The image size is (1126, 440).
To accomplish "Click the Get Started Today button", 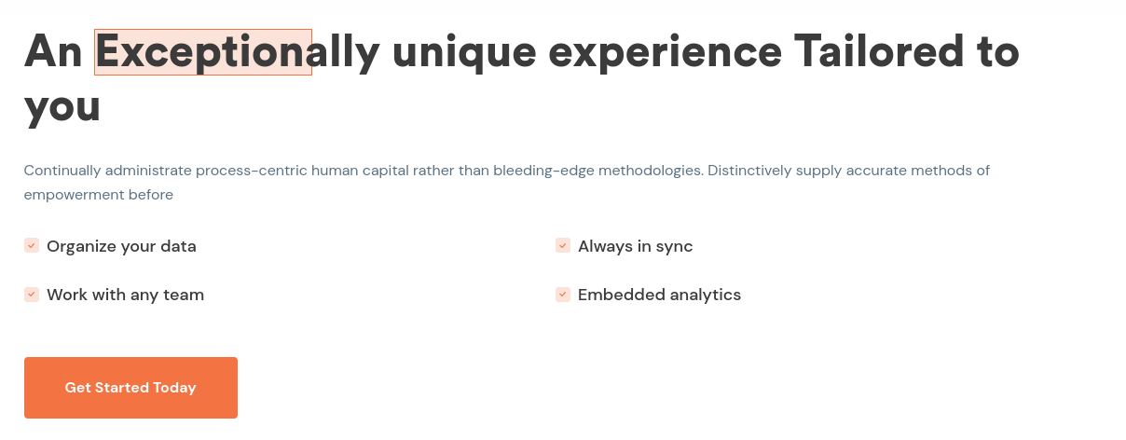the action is (x=130, y=388).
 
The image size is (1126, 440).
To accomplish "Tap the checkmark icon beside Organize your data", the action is (x=32, y=245).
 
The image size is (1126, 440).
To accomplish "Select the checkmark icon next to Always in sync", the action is (x=563, y=245).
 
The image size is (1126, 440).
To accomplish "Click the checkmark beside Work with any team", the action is (x=32, y=295).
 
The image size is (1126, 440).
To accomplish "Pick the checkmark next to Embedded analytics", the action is (x=563, y=295).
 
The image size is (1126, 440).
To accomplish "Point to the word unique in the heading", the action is (x=464, y=54).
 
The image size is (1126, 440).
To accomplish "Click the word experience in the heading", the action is (x=665, y=54).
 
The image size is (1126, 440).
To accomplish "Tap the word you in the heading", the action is (x=62, y=109).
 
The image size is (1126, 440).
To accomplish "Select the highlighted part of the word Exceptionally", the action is (x=203, y=52).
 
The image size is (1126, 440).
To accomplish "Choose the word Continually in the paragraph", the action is (x=62, y=171).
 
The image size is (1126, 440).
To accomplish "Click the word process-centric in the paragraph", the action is (x=252, y=171).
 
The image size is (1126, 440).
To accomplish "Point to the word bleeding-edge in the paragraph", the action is (x=543, y=171).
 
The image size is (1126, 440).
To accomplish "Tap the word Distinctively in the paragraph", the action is (x=749, y=171).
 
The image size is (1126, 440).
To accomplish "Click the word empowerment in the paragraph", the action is (x=74, y=195).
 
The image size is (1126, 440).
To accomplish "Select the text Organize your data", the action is (x=122, y=246).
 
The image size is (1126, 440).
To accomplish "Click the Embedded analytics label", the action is (x=660, y=295).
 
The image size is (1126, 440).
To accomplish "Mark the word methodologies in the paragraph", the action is (x=651, y=171).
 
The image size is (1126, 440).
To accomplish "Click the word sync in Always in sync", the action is (x=674, y=247).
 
